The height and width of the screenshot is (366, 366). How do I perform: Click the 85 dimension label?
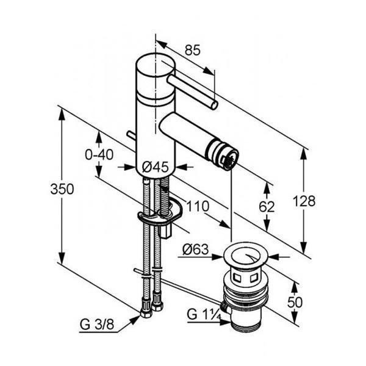193,50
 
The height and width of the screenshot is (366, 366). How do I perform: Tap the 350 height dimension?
62,189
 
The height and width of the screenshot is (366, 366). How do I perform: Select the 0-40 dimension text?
99,154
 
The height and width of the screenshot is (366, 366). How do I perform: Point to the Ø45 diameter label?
155,167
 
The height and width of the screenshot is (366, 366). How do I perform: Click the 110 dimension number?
198,206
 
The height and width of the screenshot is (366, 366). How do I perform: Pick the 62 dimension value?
267,206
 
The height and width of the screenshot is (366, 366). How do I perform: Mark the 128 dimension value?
304,201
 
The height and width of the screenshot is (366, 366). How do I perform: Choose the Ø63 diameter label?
196,249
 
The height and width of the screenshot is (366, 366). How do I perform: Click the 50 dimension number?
295,303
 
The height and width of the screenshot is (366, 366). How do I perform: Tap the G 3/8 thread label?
97,325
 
